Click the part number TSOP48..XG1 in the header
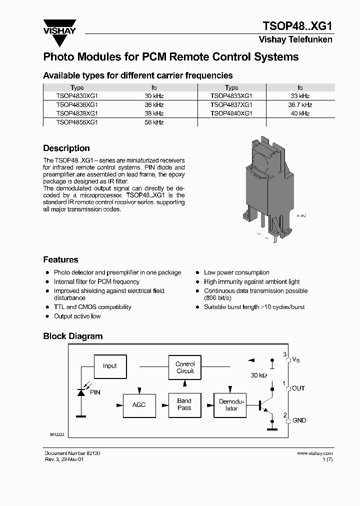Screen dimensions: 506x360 pos(297,26)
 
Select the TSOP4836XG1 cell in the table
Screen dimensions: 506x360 pos(77,105)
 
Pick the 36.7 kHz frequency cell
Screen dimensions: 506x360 pos(299,105)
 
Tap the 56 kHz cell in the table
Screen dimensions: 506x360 pos(154,122)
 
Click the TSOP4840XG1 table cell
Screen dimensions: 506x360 pos(231,113)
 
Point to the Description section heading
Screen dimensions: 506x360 pos(66,148)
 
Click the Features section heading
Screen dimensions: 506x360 pos(60,260)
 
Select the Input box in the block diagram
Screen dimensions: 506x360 pos(109,366)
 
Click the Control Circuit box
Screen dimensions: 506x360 pos(185,367)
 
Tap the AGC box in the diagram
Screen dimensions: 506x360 pos(139,404)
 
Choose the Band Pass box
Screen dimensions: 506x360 pos(184,404)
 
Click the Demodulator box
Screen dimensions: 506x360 pos(231,405)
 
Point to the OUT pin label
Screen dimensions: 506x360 pos(298,388)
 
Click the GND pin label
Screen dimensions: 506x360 pos(299,420)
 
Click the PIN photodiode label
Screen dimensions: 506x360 pos(95,392)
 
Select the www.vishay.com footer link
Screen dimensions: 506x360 pos(314,453)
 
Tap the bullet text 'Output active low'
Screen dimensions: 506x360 pos(77,316)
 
